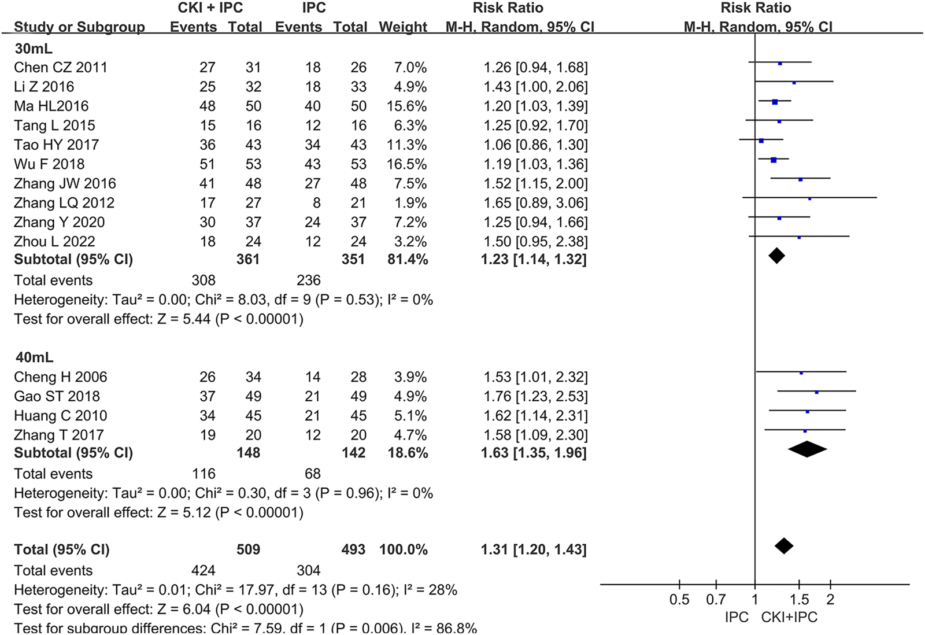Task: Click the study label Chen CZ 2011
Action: click(x=61, y=67)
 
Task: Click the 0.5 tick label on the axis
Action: click(x=679, y=600)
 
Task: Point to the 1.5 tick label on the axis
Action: click(x=799, y=600)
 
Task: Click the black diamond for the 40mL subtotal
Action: click(x=807, y=449)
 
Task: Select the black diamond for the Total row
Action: click(x=784, y=545)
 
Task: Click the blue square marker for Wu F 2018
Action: click(x=774, y=160)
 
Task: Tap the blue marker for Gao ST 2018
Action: click(x=816, y=392)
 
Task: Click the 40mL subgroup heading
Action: click(x=34, y=357)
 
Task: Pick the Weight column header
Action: click(x=403, y=27)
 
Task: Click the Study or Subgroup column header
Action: click(x=79, y=27)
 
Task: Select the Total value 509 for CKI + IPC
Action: click(x=248, y=549)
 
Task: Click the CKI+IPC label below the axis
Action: click(x=789, y=617)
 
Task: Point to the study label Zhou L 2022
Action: click(x=54, y=241)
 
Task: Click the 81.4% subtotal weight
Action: click(x=408, y=259)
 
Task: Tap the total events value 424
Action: click(x=203, y=570)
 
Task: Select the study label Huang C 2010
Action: click(x=61, y=415)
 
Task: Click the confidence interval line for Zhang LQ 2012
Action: click(x=838, y=198)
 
